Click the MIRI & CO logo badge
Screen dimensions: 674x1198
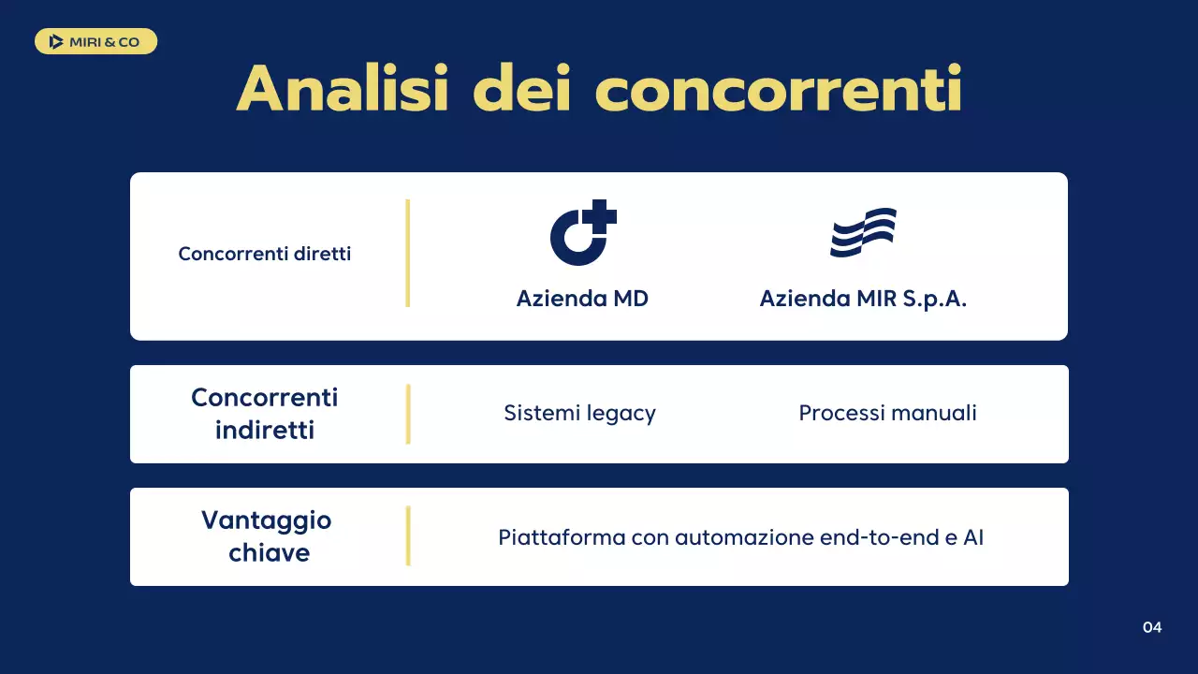click(x=95, y=41)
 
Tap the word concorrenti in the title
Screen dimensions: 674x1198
click(x=779, y=90)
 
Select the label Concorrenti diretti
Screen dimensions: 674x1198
click(x=265, y=254)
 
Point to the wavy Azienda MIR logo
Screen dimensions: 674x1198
click(x=863, y=233)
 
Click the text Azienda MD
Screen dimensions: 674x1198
click(x=582, y=299)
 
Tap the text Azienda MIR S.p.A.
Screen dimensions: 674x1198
click(x=863, y=299)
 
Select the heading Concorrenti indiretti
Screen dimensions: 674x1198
click(x=265, y=413)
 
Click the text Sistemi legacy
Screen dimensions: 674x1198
click(x=579, y=413)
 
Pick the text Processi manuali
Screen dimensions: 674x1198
click(x=887, y=413)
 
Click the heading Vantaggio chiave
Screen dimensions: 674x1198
click(x=267, y=535)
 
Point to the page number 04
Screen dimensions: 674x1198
click(x=1152, y=627)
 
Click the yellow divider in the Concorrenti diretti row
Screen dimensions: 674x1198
click(x=408, y=253)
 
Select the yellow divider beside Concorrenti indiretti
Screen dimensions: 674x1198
click(x=408, y=414)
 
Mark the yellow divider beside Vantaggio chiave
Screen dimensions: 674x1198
click(x=408, y=535)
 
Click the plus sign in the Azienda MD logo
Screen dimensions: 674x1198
click(x=599, y=217)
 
